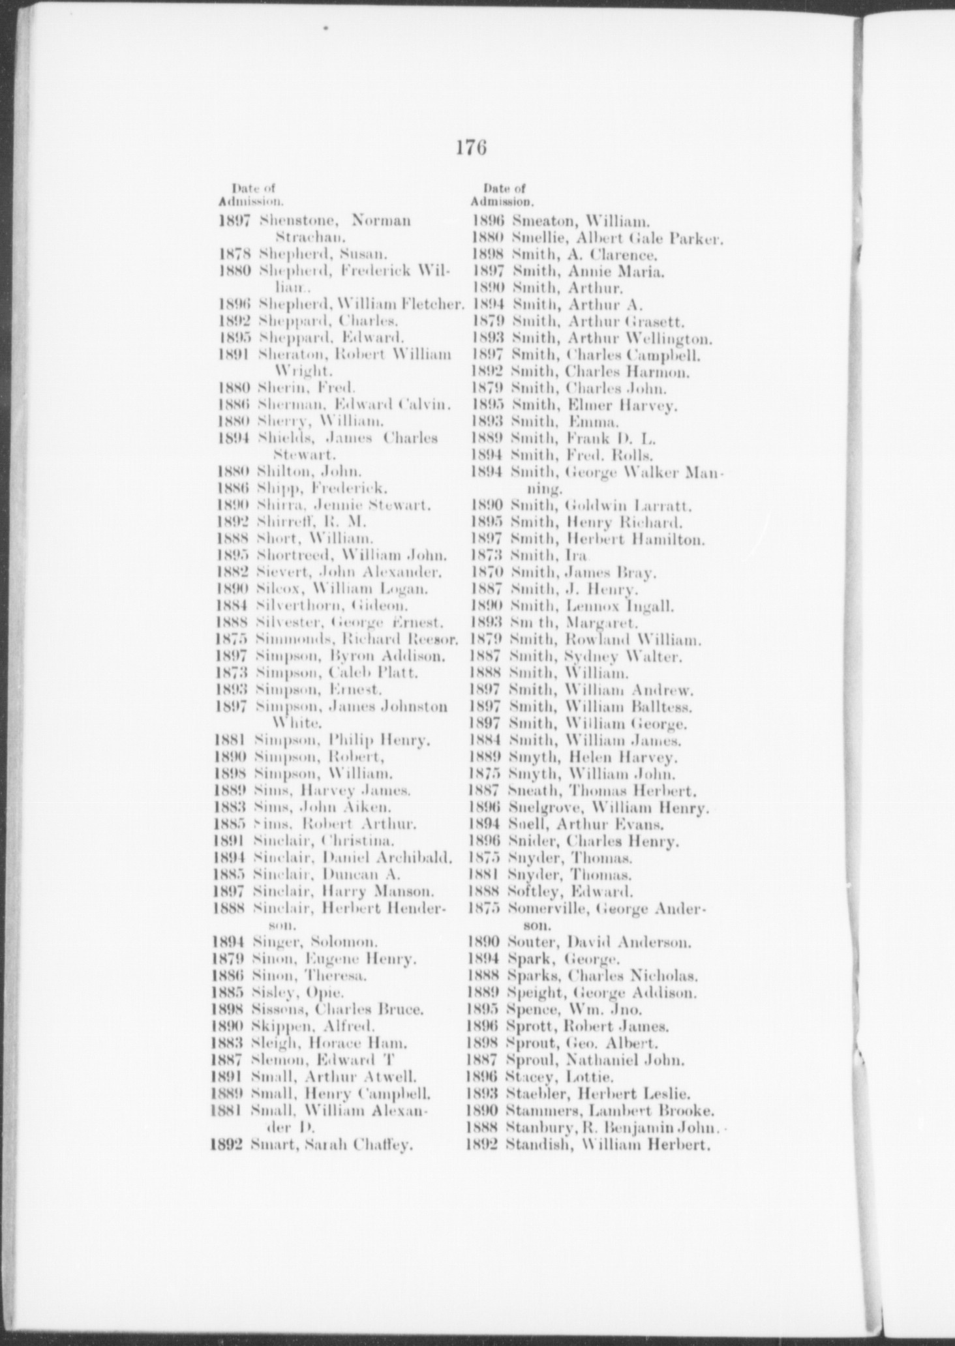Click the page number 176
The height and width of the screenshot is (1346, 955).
[472, 148]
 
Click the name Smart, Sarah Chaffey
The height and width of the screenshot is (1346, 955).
[331, 1144]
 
